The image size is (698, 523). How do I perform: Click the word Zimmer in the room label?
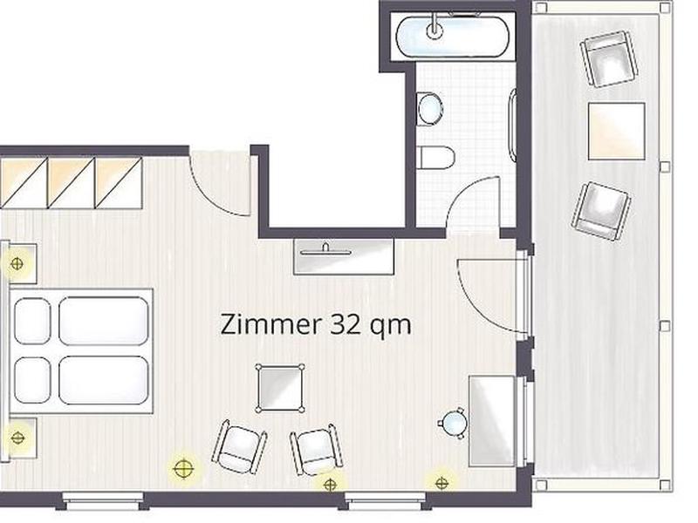[x=270, y=324]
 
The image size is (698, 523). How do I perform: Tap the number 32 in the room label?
[x=346, y=324]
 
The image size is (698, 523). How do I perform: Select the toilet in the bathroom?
[x=438, y=158]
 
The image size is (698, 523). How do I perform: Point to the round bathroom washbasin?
[x=430, y=108]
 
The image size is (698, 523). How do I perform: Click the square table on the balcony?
[x=617, y=132]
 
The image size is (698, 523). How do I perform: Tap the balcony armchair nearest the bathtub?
[x=609, y=58]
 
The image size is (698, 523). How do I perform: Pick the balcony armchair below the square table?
[x=601, y=211]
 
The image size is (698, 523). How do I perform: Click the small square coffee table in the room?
[x=280, y=388]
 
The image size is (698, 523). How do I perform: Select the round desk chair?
[x=454, y=423]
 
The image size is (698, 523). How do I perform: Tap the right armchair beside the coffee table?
[x=317, y=450]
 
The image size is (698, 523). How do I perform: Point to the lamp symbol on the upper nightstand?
[x=17, y=264]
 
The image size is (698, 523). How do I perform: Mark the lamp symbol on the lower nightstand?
[x=17, y=438]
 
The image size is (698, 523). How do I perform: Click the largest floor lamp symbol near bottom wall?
[x=183, y=469]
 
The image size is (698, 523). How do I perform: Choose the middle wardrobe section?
[x=72, y=183]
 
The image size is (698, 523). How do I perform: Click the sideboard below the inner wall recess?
[x=344, y=256]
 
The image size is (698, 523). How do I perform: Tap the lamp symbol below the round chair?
[x=441, y=484]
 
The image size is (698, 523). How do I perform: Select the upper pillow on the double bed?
[x=32, y=321]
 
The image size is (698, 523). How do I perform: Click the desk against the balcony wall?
[x=492, y=421]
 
